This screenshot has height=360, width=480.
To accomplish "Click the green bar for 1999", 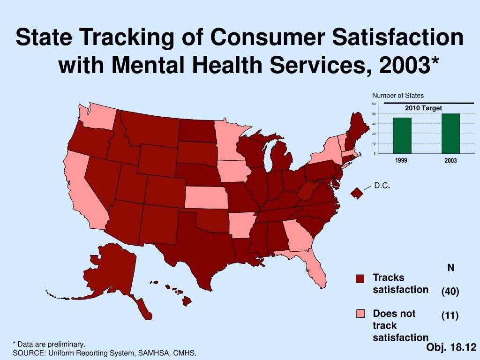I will [x=402, y=135].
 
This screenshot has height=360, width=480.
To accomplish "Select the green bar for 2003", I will [x=450, y=133].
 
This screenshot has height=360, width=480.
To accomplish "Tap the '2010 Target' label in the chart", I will [x=424, y=108].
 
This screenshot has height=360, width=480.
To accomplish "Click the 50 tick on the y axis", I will [x=374, y=104].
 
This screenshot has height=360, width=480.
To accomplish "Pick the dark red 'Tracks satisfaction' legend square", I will [x=360, y=279].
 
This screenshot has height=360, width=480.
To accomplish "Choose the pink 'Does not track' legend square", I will [x=360, y=314].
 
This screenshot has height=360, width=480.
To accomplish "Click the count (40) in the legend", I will [x=450, y=291].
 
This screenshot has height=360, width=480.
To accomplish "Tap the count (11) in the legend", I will [x=450, y=315].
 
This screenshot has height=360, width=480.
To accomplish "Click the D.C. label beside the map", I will [x=382, y=186].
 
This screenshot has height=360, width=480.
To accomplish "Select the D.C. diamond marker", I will [x=357, y=193].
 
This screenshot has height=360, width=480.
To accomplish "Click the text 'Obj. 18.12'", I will [x=451, y=347].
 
